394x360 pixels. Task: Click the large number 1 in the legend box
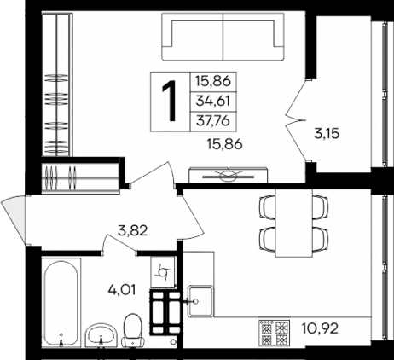169,102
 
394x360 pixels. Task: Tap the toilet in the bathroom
132,330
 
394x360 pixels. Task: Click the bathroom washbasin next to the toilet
101,334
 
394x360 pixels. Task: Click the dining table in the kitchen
291,219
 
